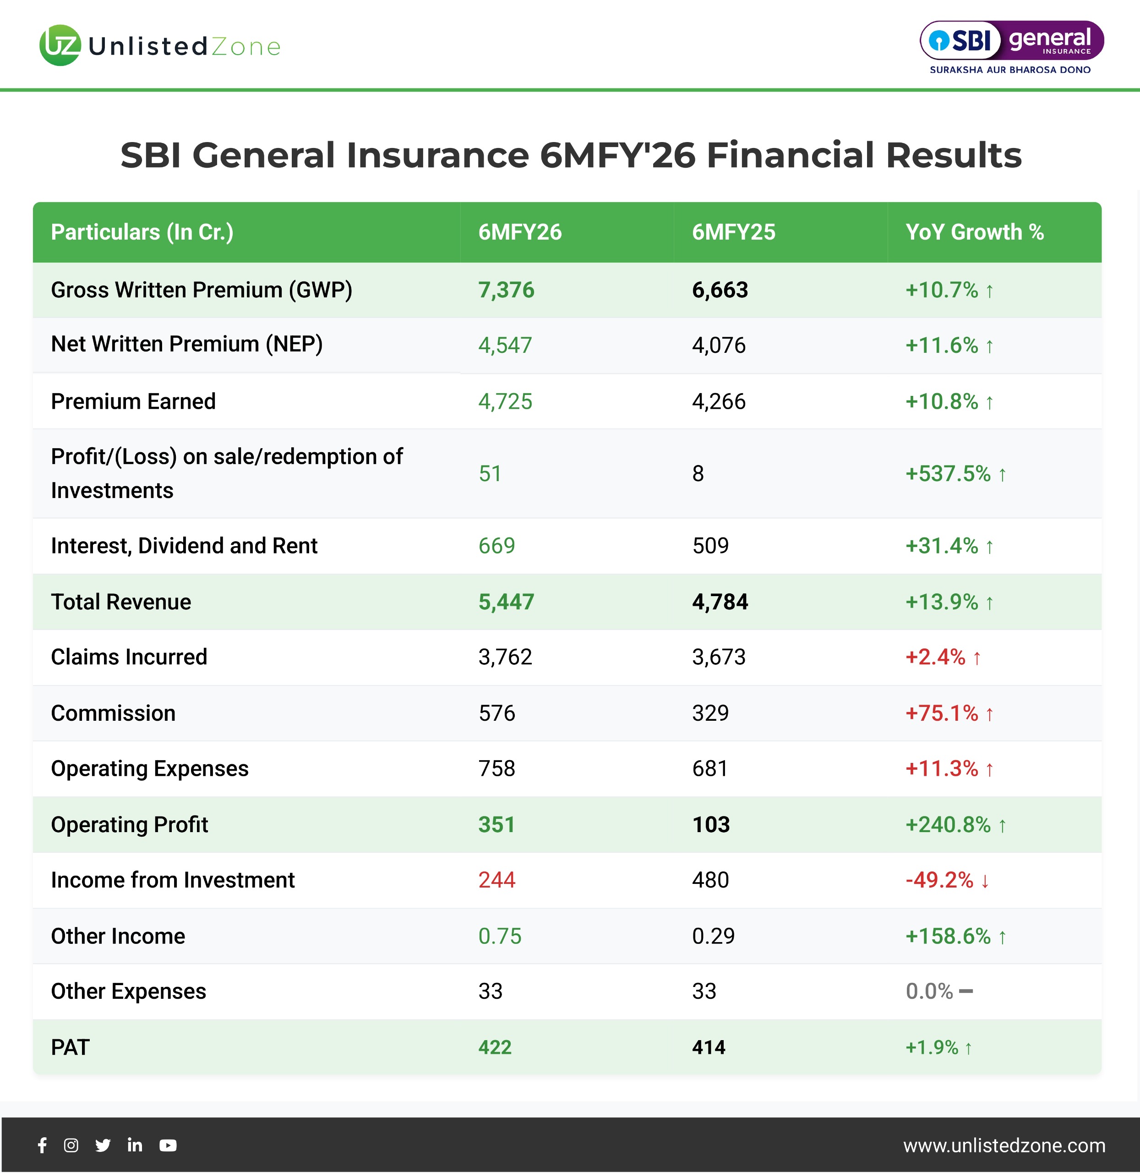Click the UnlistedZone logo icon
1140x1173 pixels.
coord(60,45)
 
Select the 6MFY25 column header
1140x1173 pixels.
coord(733,232)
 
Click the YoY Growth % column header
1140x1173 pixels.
coord(974,232)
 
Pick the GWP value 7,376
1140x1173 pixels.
coord(506,291)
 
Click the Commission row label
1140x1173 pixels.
coord(113,713)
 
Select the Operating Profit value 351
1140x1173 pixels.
coord(496,825)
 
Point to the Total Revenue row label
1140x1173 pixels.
coord(121,602)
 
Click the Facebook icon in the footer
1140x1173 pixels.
coord(43,1146)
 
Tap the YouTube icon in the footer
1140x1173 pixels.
coord(168,1146)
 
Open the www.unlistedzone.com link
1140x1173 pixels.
coord(1004,1146)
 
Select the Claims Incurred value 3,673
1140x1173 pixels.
coord(719,657)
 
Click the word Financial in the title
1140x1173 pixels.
coord(791,155)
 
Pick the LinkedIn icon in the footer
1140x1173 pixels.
coord(135,1146)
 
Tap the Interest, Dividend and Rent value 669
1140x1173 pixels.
coord(496,546)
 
